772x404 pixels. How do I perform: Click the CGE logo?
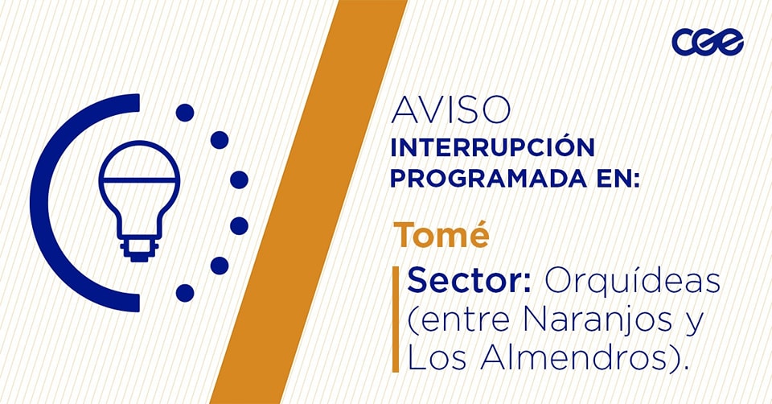coord(708,42)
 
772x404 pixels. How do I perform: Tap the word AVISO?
coord(450,110)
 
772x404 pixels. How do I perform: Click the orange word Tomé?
coord(441,233)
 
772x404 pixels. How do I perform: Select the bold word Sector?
coord(469,281)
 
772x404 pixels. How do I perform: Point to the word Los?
coord(437,357)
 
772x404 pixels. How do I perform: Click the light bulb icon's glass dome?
coord(139,162)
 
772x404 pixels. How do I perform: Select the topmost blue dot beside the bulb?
coord(185,113)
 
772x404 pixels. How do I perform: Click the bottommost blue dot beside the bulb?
coord(185,293)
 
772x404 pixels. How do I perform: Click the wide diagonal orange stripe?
coord(309,202)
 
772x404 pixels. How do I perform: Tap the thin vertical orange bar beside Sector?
coord(396,319)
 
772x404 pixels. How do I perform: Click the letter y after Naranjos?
coord(694,324)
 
